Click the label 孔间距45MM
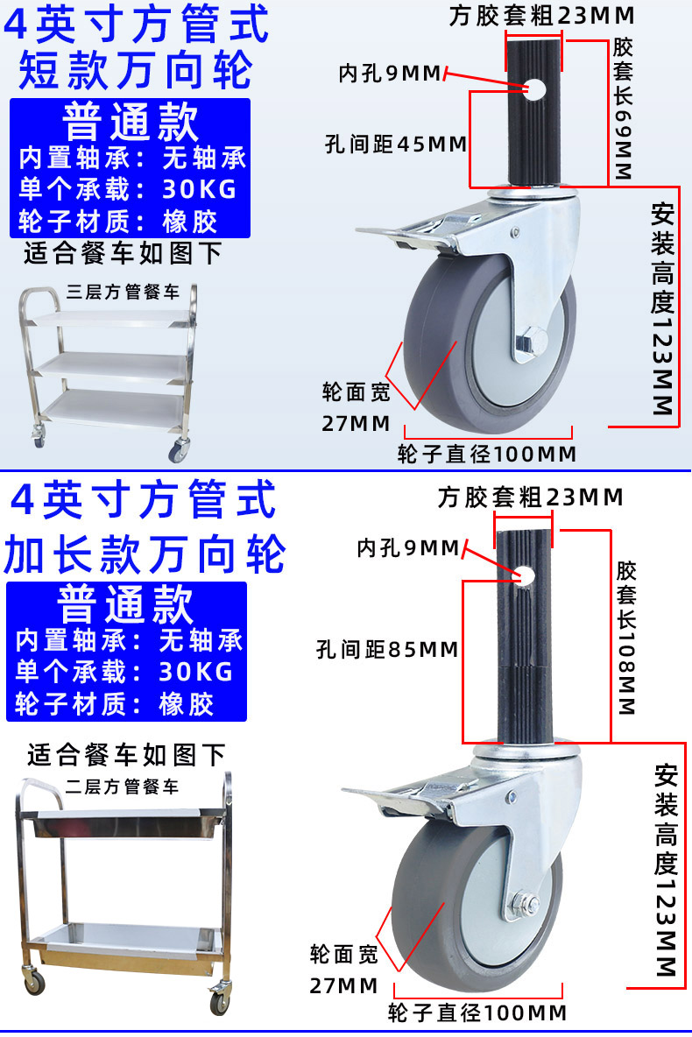395,144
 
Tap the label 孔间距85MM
387,650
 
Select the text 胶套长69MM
623,109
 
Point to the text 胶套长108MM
625,638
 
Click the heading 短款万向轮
136,70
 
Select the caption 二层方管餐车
122,787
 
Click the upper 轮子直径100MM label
487,454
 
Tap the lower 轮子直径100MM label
477,1013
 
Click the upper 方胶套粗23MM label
541,16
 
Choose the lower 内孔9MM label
407,549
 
